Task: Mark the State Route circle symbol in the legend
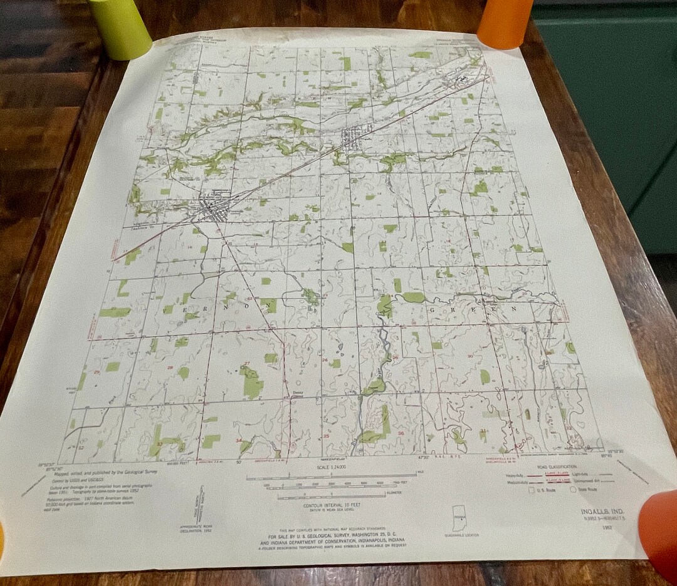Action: [573, 490]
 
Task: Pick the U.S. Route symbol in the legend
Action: [533, 490]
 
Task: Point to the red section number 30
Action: [470, 356]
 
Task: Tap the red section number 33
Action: [159, 443]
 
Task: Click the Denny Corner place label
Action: [299, 394]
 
